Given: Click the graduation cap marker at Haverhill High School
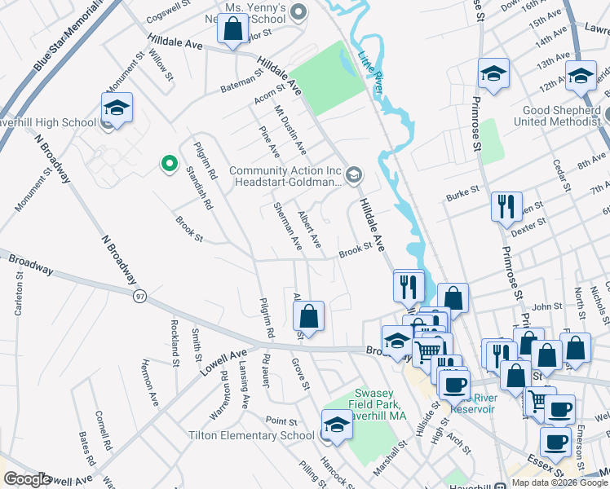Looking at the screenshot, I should click(117, 109).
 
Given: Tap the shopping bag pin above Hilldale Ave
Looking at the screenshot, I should click(233, 29).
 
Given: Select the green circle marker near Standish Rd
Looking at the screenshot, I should click(170, 165).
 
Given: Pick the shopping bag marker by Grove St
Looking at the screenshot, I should click(308, 316).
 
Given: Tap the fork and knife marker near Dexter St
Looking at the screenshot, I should click(506, 207).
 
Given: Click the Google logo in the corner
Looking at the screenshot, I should click(27, 479).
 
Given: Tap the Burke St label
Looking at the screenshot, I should click(461, 196).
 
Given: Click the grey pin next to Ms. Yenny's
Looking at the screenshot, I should click(298, 11).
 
